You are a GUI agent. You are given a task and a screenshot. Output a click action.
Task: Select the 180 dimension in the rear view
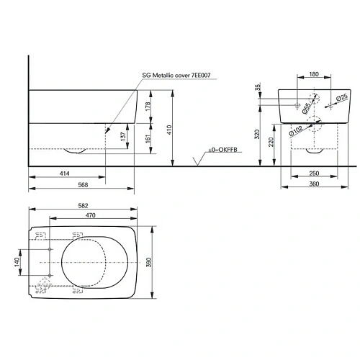click(x=314, y=74)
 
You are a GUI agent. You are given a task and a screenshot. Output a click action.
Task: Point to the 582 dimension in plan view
click(x=84, y=207)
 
